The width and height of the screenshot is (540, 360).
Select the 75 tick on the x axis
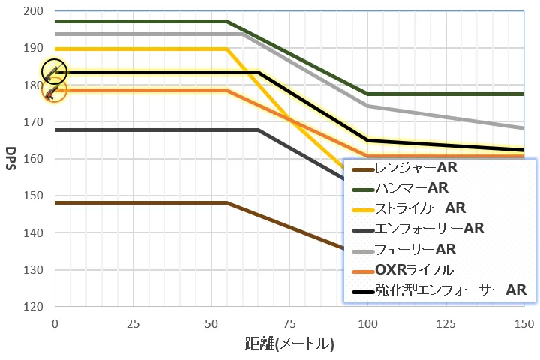click(x=289, y=323)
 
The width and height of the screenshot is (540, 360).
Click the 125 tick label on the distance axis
click(x=445, y=323)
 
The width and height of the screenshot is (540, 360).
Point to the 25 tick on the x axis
click(x=133, y=323)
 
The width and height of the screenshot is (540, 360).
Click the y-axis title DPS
click(x=12, y=159)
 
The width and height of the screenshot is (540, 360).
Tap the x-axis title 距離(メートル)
click(x=289, y=344)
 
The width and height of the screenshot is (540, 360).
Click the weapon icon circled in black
click(x=54, y=72)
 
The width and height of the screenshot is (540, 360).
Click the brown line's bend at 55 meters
click(x=226, y=202)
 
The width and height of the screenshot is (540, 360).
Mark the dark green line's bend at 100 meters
click(x=367, y=94)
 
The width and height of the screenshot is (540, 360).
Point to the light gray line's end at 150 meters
click(x=523, y=128)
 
